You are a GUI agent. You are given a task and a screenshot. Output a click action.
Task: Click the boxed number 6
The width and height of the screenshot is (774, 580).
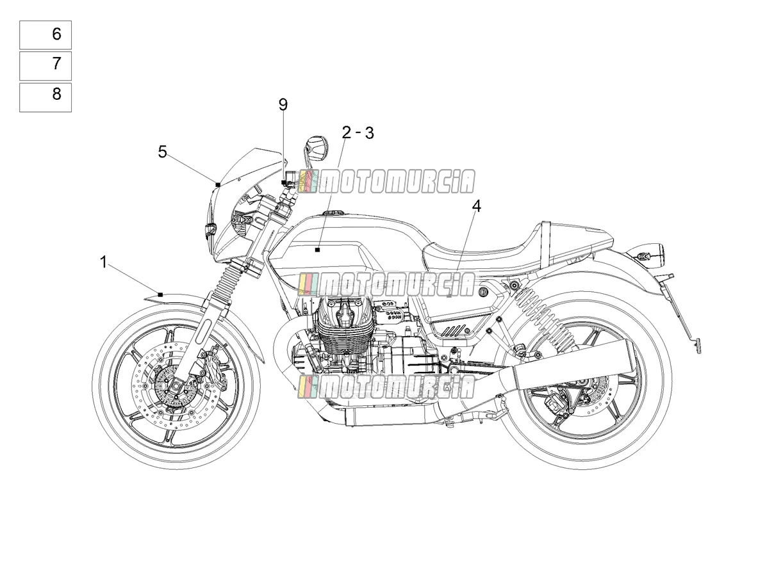pyautogui.click(x=56, y=34)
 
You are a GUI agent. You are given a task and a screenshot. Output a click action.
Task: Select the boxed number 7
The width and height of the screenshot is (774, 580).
pyautogui.click(x=56, y=63)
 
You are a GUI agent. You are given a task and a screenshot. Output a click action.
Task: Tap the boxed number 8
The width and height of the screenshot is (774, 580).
pyautogui.click(x=56, y=94)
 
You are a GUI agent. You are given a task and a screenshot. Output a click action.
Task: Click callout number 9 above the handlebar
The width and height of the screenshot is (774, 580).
pyautogui.click(x=283, y=104)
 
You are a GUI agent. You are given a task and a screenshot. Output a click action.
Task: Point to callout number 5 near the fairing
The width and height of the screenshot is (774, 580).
pyautogui.click(x=162, y=152)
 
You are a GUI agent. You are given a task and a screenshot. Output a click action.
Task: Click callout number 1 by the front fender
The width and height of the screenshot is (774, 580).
pyautogui.click(x=103, y=262)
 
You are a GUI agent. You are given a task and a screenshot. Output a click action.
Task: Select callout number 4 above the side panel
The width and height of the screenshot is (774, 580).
pyautogui.click(x=477, y=206)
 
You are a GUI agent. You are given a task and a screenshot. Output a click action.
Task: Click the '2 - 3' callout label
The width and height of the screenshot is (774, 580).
pyautogui.click(x=358, y=133)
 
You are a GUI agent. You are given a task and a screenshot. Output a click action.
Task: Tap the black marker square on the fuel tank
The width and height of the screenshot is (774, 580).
pyautogui.click(x=317, y=250)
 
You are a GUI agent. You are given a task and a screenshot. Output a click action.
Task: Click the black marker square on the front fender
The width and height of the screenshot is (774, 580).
pyautogui.click(x=160, y=294)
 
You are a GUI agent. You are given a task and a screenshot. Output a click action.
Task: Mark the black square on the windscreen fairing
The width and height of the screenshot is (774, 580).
pyautogui.click(x=218, y=184)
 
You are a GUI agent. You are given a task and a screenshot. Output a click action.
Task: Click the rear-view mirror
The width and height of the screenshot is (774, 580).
pyautogui.click(x=317, y=149)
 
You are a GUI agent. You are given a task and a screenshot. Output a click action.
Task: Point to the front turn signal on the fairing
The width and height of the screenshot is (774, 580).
pyautogui.click(x=210, y=230)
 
